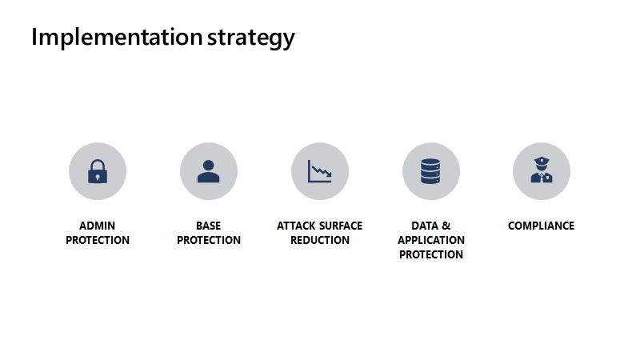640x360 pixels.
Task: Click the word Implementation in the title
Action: pyautogui.click(x=116, y=38)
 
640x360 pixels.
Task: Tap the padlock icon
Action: pyautogui.click(x=98, y=171)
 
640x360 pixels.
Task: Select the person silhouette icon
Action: pyautogui.click(x=208, y=171)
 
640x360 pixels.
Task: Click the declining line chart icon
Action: pyautogui.click(x=319, y=171)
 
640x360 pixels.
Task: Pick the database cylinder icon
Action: pyautogui.click(x=430, y=171)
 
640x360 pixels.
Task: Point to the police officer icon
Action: pyautogui.click(x=541, y=171)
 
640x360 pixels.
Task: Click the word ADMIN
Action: pyautogui.click(x=98, y=226)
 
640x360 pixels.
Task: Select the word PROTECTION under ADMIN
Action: pyautogui.click(x=98, y=241)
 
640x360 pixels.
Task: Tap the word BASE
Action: pyautogui.click(x=208, y=226)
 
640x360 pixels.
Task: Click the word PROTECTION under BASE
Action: pyautogui.click(x=208, y=241)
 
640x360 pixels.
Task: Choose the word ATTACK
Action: pyautogui.click(x=296, y=226)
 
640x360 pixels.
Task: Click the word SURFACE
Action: pyautogui.click(x=340, y=226)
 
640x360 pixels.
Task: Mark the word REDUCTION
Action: pyautogui.click(x=319, y=241)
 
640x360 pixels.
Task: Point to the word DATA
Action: pyautogui.click(x=425, y=226)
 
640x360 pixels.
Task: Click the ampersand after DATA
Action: pyautogui.click(x=446, y=226)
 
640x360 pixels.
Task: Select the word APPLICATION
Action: pyautogui.click(x=430, y=241)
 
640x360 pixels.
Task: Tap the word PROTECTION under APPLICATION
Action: pyautogui.click(x=430, y=255)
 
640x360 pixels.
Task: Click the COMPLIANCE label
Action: pyautogui.click(x=541, y=226)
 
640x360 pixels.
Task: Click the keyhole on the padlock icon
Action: pyautogui.click(x=98, y=176)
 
